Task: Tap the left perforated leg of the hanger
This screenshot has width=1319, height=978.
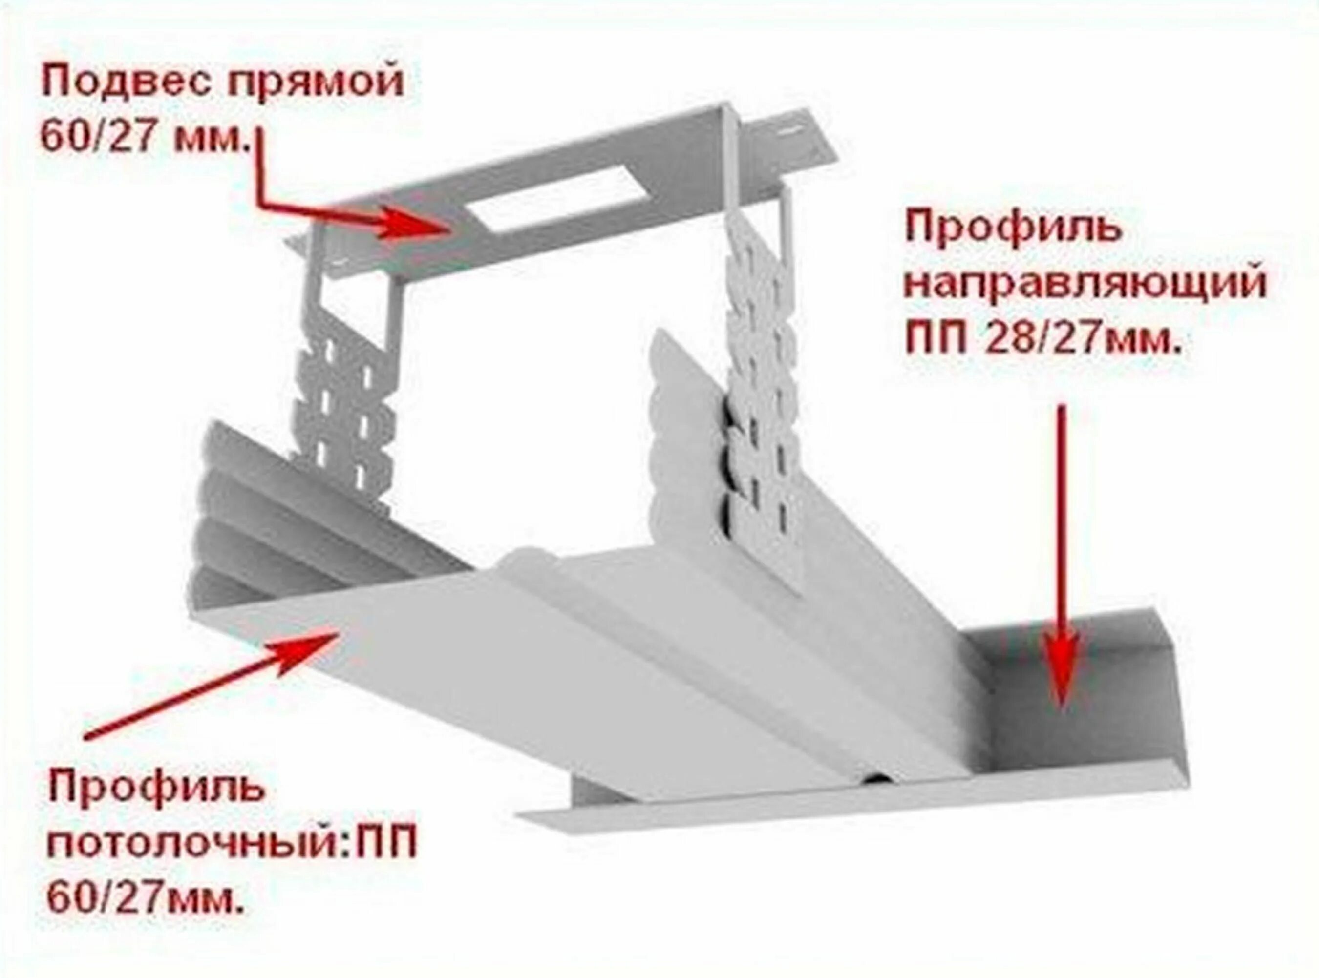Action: [346, 385]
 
